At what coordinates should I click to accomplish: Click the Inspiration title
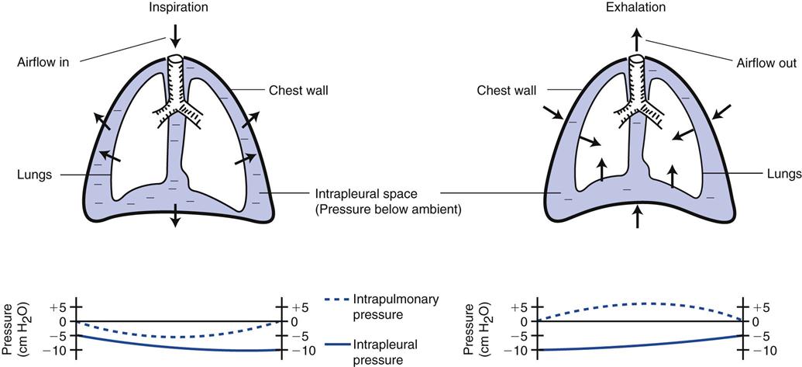[x=174, y=7]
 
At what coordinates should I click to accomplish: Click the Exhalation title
[x=635, y=7]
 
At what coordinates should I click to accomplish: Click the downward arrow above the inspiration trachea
[x=175, y=35]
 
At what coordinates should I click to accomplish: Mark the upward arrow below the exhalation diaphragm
[x=637, y=216]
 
